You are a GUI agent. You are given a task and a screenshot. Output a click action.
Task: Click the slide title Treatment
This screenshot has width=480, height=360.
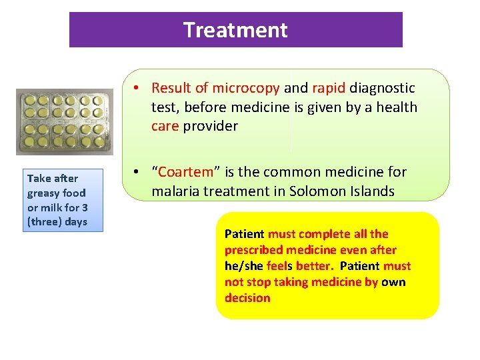click(235, 30)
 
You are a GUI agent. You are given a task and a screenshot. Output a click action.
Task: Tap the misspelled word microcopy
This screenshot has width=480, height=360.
click(249, 88)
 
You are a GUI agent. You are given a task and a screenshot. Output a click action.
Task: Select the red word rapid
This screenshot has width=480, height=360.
click(329, 88)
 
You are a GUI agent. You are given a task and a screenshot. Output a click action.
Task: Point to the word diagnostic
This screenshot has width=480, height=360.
click(382, 88)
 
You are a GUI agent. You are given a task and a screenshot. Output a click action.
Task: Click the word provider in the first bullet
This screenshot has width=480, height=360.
click(211, 127)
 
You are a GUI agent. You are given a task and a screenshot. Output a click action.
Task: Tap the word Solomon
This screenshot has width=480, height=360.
click(319, 191)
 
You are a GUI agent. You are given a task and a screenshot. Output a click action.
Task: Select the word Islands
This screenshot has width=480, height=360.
click(371, 191)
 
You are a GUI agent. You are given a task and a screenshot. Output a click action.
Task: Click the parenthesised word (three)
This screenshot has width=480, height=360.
click(44, 221)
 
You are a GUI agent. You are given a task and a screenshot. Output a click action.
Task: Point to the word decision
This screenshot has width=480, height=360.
click(247, 298)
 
